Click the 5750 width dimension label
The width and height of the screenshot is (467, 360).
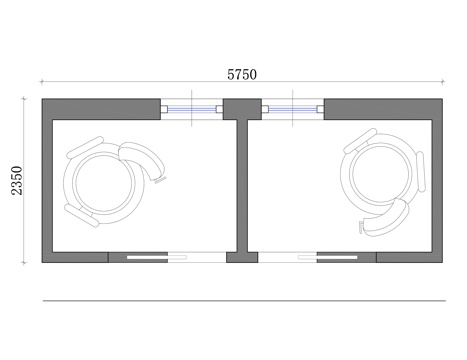pyautogui.click(x=242, y=74)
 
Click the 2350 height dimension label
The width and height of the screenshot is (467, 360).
pyautogui.click(x=17, y=180)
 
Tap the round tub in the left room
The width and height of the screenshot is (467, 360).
pyautogui.click(x=104, y=183)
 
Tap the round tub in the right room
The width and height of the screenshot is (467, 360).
pyautogui.click(x=380, y=173)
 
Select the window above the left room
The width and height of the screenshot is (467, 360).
pyautogui.click(x=192, y=109)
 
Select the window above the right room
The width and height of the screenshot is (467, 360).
pyautogui.click(x=293, y=109)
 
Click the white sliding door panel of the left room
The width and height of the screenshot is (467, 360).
pyautogui.click(x=147, y=257)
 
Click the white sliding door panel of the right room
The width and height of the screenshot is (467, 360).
pyautogui.click(x=337, y=257)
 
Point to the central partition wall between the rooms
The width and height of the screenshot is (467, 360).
pyautogui.click(x=242, y=186)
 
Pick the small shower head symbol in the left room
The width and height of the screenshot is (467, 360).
pyautogui.click(x=160, y=180)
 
